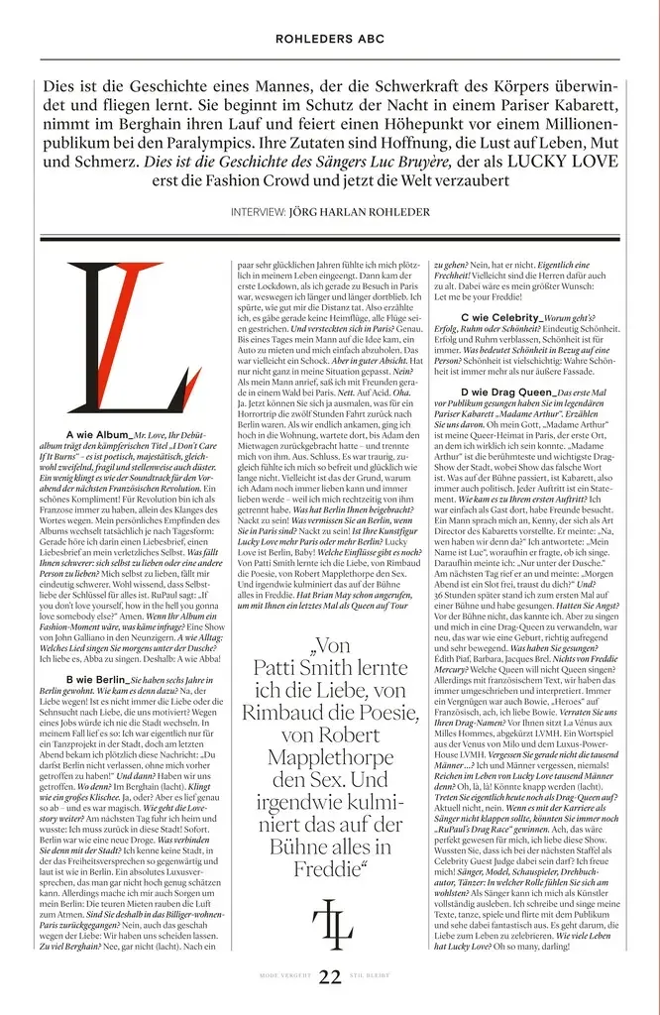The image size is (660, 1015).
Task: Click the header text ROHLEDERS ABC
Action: pyautogui.click(x=329, y=40)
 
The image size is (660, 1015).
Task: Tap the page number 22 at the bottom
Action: pyautogui.click(x=330, y=976)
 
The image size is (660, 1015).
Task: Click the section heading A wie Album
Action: pyautogui.click(x=98, y=435)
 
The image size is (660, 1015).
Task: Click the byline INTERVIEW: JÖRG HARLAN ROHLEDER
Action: pyautogui.click(x=329, y=212)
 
